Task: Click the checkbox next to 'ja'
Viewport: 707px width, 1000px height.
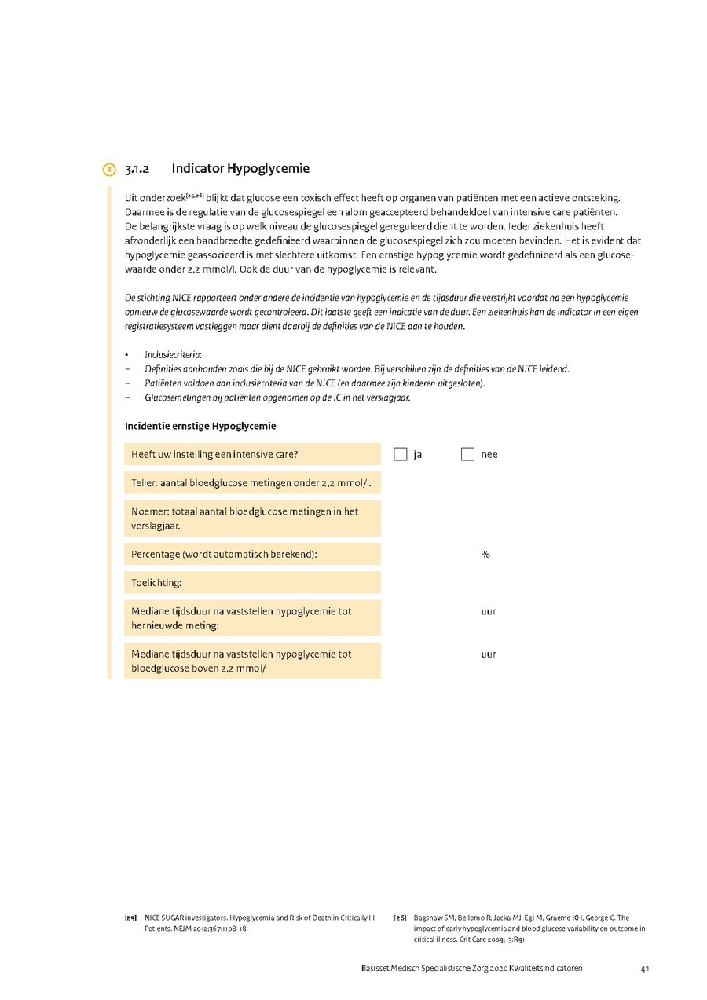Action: (x=401, y=454)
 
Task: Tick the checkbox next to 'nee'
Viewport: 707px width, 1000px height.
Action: (x=467, y=454)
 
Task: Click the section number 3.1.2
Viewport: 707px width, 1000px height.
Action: (x=137, y=169)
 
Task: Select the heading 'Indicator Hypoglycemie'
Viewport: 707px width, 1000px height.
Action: (x=240, y=168)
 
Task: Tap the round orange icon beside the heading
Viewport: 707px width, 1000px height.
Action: (x=109, y=169)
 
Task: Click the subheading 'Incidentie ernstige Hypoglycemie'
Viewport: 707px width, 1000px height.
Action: (x=200, y=426)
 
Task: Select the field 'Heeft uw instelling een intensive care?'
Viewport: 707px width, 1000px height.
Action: (x=252, y=454)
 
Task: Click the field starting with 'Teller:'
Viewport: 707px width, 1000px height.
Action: (x=252, y=482)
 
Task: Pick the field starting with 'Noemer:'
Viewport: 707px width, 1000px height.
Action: (x=252, y=518)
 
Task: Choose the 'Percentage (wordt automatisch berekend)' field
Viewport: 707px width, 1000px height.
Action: (x=252, y=554)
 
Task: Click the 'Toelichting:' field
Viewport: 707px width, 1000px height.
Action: (x=252, y=582)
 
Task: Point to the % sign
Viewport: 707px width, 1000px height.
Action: (x=485, y=554)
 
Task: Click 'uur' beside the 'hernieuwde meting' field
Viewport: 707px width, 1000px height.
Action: (x=489, y=611)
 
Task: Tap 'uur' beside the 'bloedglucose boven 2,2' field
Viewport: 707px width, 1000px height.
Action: (x=489, y=654)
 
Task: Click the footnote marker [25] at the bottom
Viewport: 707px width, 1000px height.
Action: (x=130, y=918)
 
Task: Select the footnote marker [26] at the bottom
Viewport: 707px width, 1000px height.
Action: (x=399, y=918)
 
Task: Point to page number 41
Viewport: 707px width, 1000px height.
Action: (x=644, y=969)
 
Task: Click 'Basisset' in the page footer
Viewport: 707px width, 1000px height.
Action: (x=367, y=969)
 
